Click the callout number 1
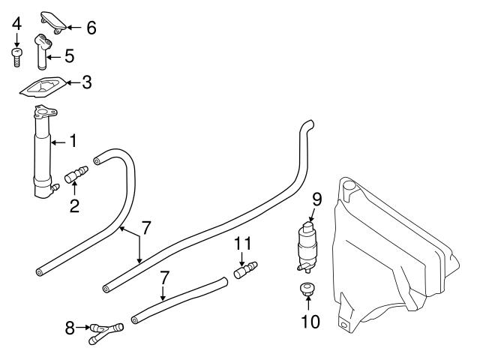click(73, 140)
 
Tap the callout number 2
click(74, 205)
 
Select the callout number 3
click(86, 82)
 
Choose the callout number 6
click(91, 28)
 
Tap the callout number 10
click(310, 322)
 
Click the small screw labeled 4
click(16, 57)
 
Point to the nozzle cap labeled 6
click(53, 19)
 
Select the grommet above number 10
click(307, 289)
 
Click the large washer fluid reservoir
click(390, 255)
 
